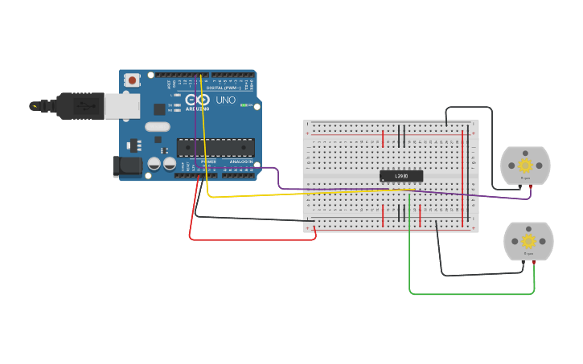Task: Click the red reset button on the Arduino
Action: tap(132, 80)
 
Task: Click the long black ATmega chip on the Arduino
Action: tap(216, 147)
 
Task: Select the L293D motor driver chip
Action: tap(400, 176)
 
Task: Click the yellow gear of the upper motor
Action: tap(525, 165)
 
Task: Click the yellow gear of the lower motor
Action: tap(528, 240)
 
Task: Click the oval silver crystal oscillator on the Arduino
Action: tap(158, 126)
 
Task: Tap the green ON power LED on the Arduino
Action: tap(244, 105)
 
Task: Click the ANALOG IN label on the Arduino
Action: tap(240, 162)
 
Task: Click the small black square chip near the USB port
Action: tap(159, 108)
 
